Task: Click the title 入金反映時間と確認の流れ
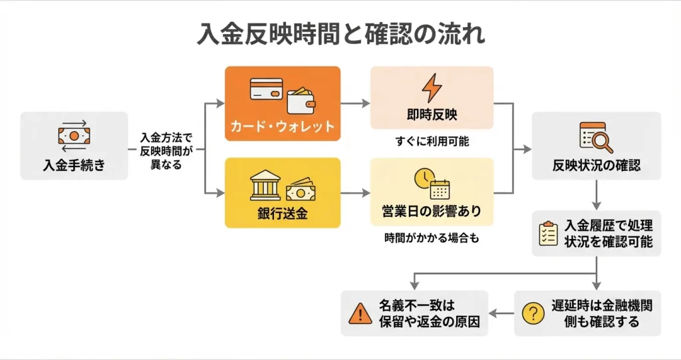[x=340, y=34]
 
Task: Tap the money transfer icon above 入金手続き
[x=74, y=135]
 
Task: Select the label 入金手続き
[x=74, y=164]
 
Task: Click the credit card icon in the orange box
[x=265, y=89]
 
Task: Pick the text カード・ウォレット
[x=283, y=126]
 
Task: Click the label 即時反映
[x=432, y=114]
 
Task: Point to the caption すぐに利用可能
[x=432, y=141]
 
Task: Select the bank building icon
[x=265, y=188]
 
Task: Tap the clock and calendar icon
[x=432, y=184]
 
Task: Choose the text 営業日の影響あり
[x=432, y=212]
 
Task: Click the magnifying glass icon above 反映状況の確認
[x=596, y=138]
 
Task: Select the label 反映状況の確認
[x=597, y=165]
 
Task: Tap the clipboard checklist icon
[x=547, y=234]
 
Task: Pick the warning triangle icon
[x=359, y=313]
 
